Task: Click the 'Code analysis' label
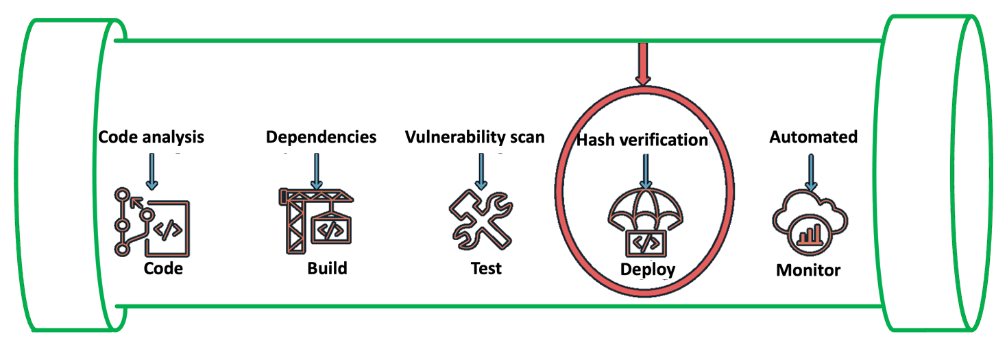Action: (151, 136)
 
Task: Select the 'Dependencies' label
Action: (321, 136)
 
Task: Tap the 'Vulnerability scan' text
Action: (474, 136)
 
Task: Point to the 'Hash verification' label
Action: (642, 140)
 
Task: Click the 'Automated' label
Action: (813, 136)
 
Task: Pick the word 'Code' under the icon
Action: (163, 268)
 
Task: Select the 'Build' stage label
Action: (327, 267)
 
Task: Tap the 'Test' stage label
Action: (486, 267)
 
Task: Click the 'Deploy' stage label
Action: (647, 269)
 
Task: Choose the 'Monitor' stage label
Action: (808, 270)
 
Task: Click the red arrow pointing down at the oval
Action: (642, 64)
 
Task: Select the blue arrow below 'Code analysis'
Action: (151, 171)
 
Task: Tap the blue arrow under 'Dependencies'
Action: (316, 171)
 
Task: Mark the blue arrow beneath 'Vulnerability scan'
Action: (481, 171)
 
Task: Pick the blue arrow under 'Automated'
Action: (811, 172)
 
